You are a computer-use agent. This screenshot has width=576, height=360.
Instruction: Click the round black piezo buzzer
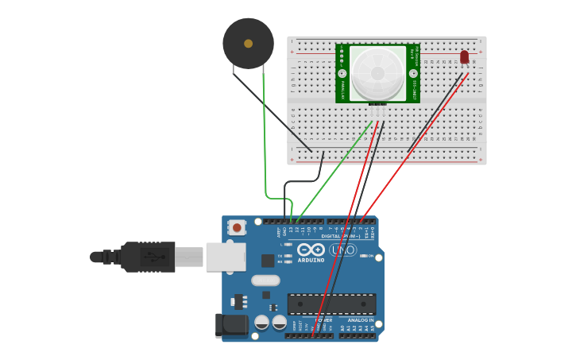(248, 44)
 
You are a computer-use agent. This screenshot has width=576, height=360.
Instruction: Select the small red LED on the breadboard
(465, 56)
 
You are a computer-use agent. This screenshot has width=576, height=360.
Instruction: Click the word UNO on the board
(342, 250)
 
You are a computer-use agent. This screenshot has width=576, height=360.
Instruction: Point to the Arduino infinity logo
(311, 250)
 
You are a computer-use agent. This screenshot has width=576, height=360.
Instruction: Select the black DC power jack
(232, 324)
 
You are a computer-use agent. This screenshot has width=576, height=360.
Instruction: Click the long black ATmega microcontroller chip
(331, 304)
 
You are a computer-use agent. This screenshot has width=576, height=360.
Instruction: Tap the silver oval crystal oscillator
(265, 280)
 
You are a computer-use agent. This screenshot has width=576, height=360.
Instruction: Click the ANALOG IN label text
(360, 320)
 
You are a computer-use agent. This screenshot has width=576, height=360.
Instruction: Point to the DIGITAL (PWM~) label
(341, 236)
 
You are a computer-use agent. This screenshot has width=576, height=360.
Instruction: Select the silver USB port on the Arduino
(226, 257)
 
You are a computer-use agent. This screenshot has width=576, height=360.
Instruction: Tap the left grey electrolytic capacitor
(261, 322)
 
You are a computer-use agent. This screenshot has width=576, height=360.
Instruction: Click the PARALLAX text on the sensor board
(343, 90)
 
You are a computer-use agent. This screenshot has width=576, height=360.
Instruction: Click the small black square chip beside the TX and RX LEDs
(268, 260)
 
